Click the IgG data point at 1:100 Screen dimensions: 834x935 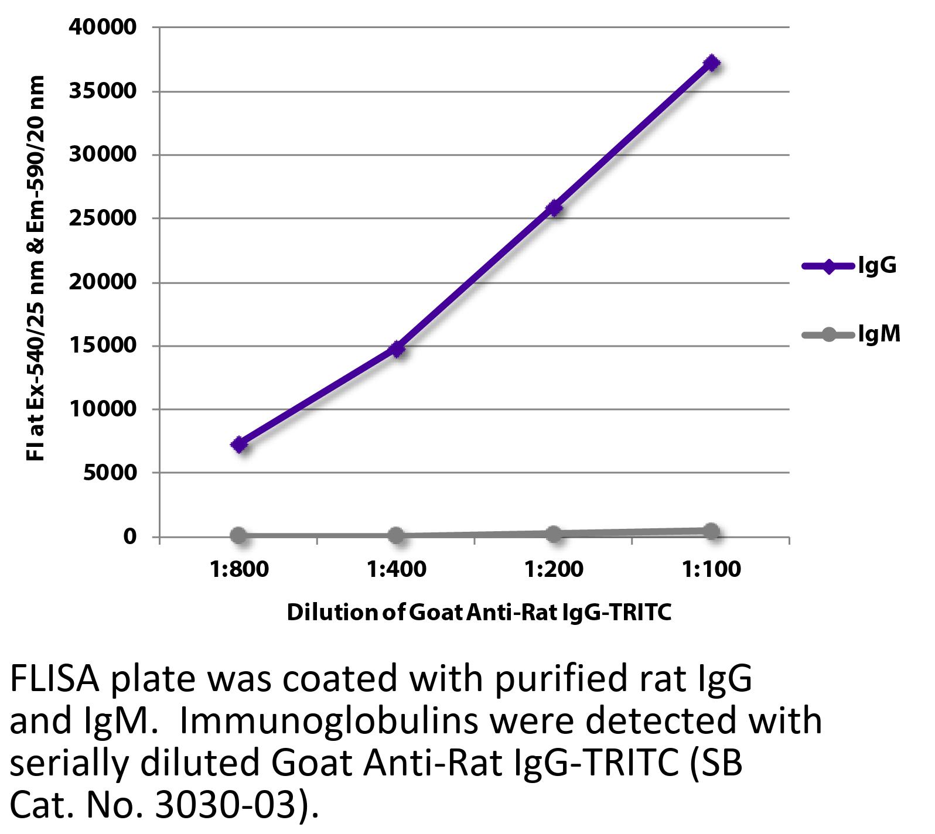712,63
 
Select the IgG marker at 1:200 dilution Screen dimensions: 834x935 554,208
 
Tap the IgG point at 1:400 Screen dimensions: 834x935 397,349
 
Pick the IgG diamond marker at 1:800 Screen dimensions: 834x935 239,445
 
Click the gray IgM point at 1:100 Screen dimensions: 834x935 711,532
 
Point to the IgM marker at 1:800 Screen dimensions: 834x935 238,535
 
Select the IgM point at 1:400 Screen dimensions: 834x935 396,535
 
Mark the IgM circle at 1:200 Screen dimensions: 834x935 554,534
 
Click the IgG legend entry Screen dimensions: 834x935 849,267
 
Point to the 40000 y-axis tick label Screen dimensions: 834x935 103,27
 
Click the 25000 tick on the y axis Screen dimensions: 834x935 103,218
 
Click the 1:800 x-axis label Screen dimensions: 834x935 239,569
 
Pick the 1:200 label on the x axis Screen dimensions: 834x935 554,569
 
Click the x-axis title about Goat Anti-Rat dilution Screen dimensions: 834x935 479,613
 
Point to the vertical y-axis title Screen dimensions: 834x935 36,268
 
